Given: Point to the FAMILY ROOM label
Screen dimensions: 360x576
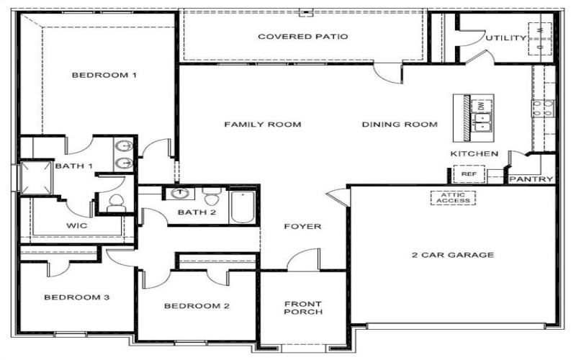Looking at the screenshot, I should click(262, 125).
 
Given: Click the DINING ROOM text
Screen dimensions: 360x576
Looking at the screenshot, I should click(400, 125).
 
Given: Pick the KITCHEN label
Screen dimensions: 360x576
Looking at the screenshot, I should click(474, 154).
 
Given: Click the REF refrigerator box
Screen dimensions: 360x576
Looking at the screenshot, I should click(469, 174).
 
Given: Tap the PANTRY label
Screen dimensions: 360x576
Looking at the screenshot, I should click(531, 179).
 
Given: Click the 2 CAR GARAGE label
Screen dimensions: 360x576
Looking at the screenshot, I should click(452, 255).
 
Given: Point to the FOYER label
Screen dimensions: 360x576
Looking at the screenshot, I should click(302, 227).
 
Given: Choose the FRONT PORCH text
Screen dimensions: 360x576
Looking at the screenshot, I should click(302, 307).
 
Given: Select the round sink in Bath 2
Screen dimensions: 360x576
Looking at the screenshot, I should click(178, 194).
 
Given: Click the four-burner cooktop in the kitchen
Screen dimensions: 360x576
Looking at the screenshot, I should click(544, 109).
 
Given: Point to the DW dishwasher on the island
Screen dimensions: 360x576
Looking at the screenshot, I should click(480, 106).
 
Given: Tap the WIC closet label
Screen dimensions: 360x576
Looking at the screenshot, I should click(77, 225).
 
